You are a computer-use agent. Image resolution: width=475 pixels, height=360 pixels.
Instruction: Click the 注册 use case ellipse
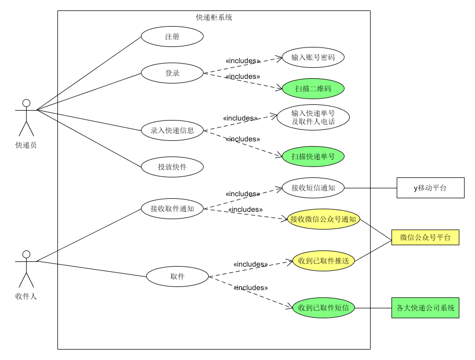click(x=172, y=37)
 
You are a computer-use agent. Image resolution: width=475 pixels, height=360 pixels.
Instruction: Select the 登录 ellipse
click(x=172, y=73)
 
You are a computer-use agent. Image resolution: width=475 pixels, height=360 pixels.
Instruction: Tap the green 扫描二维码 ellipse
click(x=313, y=89)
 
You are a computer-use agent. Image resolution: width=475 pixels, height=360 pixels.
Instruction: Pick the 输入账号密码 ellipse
click(x=313, y=57)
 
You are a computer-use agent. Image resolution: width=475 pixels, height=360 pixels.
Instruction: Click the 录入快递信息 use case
click(x=172, y=130)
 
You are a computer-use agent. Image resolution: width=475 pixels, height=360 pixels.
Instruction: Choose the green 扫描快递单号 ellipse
click(x=313, y=156)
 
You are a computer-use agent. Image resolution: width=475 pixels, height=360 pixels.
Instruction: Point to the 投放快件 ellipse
click(x=172, y=167)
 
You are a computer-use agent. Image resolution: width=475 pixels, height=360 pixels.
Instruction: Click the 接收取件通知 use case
click(x=172, y=209)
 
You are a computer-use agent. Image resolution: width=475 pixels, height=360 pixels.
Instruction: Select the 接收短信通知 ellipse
click(x=313, y=188)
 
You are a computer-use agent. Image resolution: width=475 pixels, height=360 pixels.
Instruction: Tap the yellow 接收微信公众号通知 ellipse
click(x=324, y=219)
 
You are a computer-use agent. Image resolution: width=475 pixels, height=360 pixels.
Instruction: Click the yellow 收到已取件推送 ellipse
click(x=324, y=260)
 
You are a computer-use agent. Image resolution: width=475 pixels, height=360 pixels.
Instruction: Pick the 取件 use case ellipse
click(x=177, y=277)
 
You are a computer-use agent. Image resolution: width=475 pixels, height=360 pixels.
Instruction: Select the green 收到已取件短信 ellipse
click(x=324, y=308)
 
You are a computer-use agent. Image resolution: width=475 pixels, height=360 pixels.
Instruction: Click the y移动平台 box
click(x=430, y=188)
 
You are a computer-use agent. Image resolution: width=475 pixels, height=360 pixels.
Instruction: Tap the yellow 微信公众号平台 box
click(x=425, y=237)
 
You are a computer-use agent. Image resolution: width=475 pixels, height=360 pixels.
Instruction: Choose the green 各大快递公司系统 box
click(x=425, y=308)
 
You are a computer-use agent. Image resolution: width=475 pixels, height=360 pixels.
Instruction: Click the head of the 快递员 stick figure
click(x=26, y=103)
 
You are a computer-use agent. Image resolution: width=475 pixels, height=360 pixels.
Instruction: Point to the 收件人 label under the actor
click(x=26, y=296)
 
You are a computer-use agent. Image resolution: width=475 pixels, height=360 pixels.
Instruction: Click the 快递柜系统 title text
click(x=214, y=17)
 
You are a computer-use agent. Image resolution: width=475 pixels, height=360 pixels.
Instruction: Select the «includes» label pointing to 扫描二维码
click(x=243, y=77)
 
